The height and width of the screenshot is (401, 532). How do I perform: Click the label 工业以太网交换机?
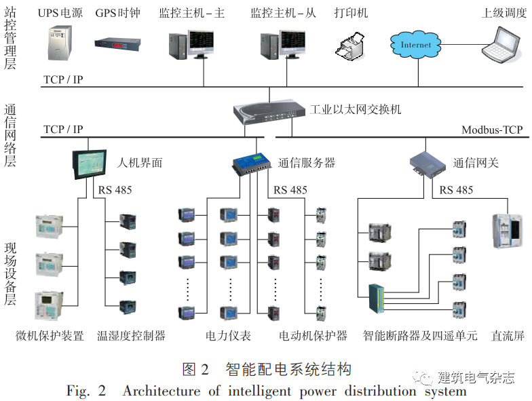[x=356, y=109]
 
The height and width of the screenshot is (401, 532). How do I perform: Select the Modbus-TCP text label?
[x=492, y=129]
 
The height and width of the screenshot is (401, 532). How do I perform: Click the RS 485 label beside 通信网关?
[x=455, y=190]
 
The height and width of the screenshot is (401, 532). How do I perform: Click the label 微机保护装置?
[x=50, y=336]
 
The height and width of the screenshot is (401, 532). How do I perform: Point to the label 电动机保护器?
[x=313, y=336]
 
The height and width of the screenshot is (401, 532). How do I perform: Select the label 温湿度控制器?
[x=131, y=336]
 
